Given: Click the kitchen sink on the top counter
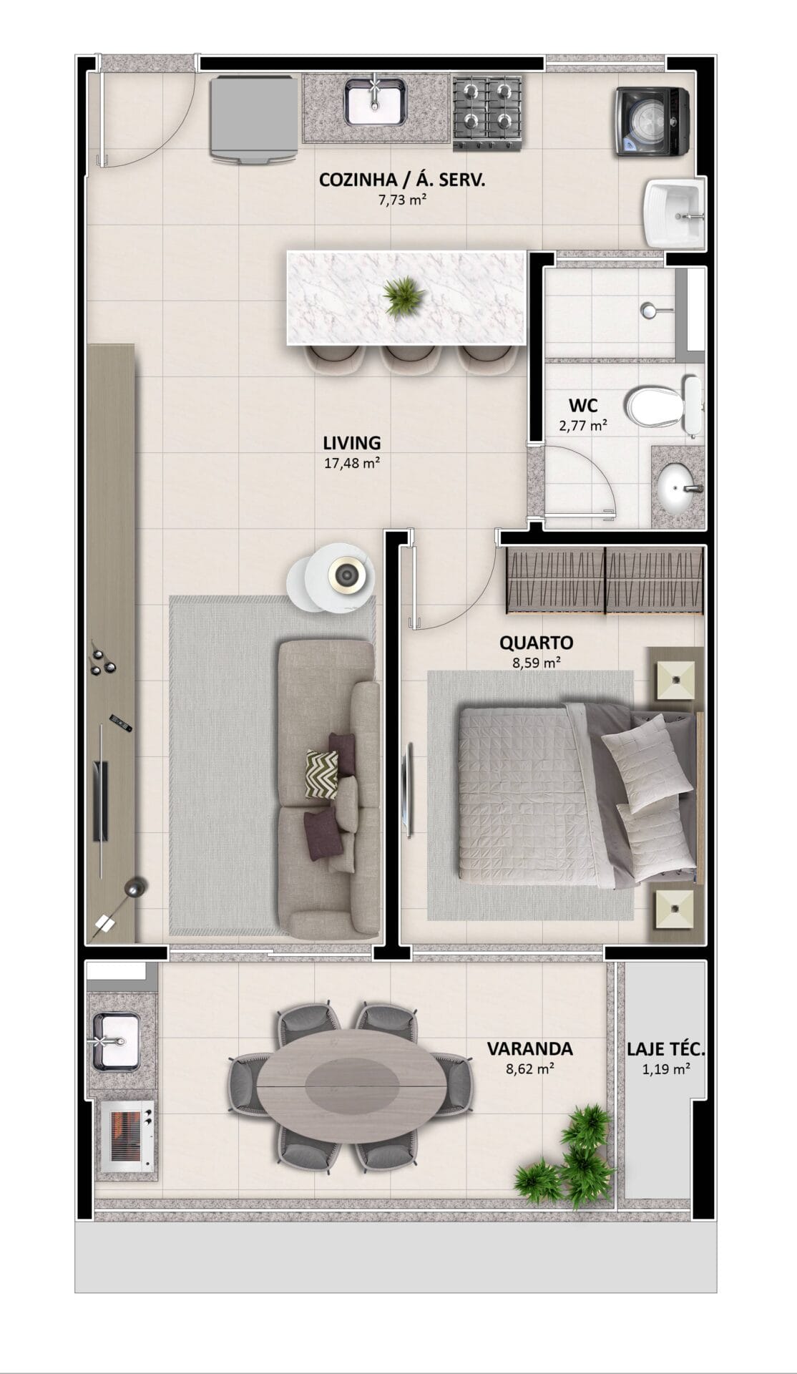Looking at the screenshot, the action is [376, 101].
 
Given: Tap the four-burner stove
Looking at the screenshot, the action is [487, 113].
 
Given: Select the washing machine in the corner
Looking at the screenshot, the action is [652, 121].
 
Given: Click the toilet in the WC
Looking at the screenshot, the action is [665, 405].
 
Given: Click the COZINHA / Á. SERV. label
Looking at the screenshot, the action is [402, 180].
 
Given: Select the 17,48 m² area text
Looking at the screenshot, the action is [352, 463].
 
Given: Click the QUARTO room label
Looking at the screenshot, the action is [537, 643].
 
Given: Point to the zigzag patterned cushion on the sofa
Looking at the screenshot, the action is [322, 774].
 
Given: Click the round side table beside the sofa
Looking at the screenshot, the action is [331, 575].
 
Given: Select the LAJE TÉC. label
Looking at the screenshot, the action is [666, 1050].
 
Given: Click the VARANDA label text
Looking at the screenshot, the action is [529, 1049].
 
